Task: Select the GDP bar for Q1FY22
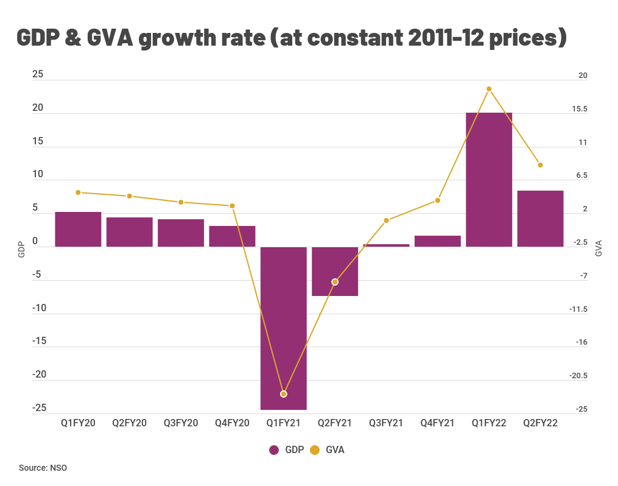click(x=489, y=180)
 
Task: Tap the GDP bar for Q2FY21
click(x=335, y=271)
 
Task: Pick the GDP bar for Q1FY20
click(x=78, y=229)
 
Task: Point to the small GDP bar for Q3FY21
click(x=386, y=245)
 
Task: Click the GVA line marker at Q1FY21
click(x=284, y=394)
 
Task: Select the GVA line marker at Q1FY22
click(x=489, y=89)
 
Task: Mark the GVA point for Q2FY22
click(x=540, y=165)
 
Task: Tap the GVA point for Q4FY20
click(x=232, y=206)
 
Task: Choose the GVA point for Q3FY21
click(x=386, y=220)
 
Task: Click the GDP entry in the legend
click(x=288, y=450)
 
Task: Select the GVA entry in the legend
click(x=328, y=450)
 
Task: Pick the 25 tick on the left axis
click(x=38, y=74)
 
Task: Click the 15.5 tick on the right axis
click(x=579, y=109)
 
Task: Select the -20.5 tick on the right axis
click(x=578, y=376)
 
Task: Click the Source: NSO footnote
click(x=43, y=468)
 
